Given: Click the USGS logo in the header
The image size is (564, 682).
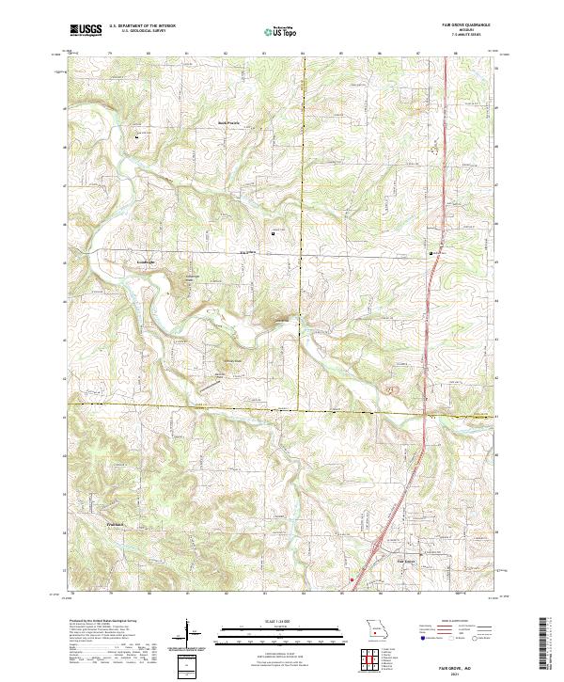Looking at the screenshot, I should tap(86, 30).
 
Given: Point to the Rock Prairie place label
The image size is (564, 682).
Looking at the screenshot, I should tap(230, 121).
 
